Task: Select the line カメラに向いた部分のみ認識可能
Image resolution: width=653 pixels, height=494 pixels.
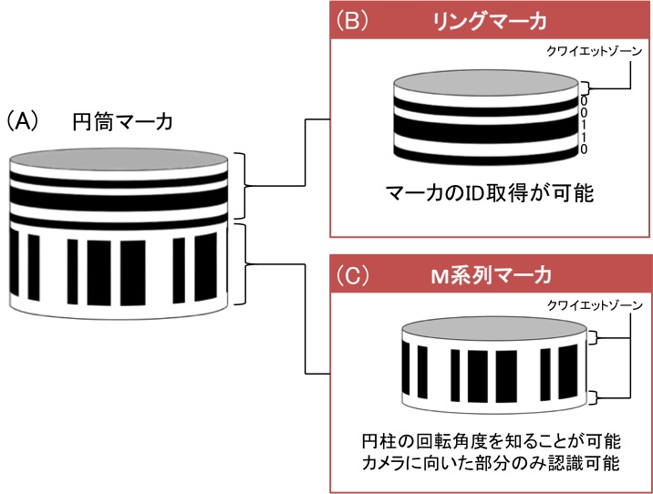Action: click(491, 463)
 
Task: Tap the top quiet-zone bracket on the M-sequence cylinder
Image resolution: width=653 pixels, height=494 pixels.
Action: click(594, 341)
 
